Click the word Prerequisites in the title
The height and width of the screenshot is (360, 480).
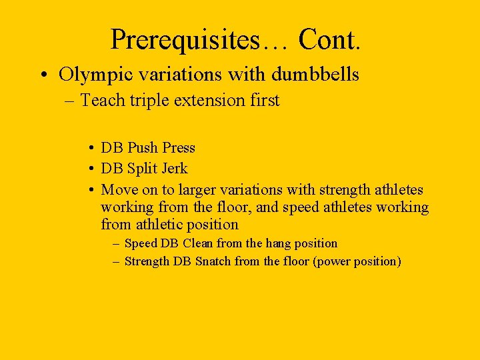[x=186, y=41]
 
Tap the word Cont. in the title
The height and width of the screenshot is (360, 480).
[x=330, y=39]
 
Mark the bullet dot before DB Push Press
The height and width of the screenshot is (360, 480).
[x=89, y=148]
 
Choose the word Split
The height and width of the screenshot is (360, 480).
[x=143, y=169]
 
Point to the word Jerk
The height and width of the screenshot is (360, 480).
[x=175, y=169]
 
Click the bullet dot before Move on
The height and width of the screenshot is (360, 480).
[x=89, y=190]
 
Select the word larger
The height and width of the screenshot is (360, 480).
[x=195, y=190]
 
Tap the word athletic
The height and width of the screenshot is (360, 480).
[x=158, y=225]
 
